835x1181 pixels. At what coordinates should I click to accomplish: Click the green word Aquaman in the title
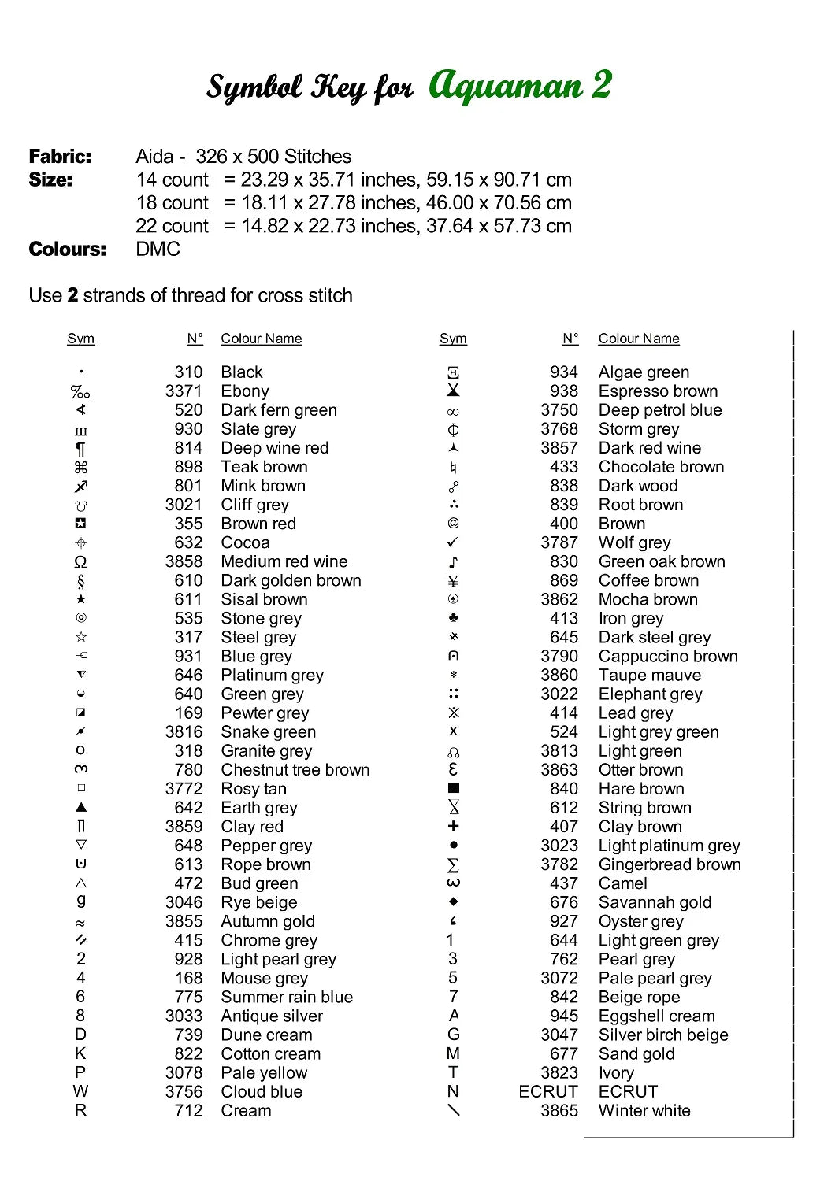[505, 85]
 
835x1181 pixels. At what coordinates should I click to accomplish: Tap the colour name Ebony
[245, 391]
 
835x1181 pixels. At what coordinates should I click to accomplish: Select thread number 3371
[184, 391]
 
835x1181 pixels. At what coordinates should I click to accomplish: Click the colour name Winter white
[644, 1111]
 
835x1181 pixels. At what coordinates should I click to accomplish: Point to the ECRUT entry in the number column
[548, 1092]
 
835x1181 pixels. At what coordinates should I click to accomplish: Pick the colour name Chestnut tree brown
[295, 770]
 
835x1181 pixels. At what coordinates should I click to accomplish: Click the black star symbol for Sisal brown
[81, 599]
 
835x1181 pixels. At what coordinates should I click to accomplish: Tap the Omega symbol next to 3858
[80, 562]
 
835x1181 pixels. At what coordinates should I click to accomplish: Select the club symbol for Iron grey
[453, 618]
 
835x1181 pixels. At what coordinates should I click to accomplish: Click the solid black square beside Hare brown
[453, 788]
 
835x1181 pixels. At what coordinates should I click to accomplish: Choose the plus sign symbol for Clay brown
[453, 826]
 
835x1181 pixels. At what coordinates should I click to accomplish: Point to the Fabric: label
[60, 156]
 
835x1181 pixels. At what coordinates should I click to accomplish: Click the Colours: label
[67, 249]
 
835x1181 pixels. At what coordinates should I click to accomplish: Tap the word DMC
[158, 249]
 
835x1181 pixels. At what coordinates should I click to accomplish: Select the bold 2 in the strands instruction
[72, 295]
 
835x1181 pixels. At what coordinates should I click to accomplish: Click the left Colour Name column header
[262, 339]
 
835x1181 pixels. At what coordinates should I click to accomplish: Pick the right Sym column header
[453, 339]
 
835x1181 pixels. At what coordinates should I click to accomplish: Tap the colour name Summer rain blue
[287, 997]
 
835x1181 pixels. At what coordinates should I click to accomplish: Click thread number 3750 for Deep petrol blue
[559, 410]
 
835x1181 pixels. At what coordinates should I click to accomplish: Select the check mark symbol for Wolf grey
[453, 542]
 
